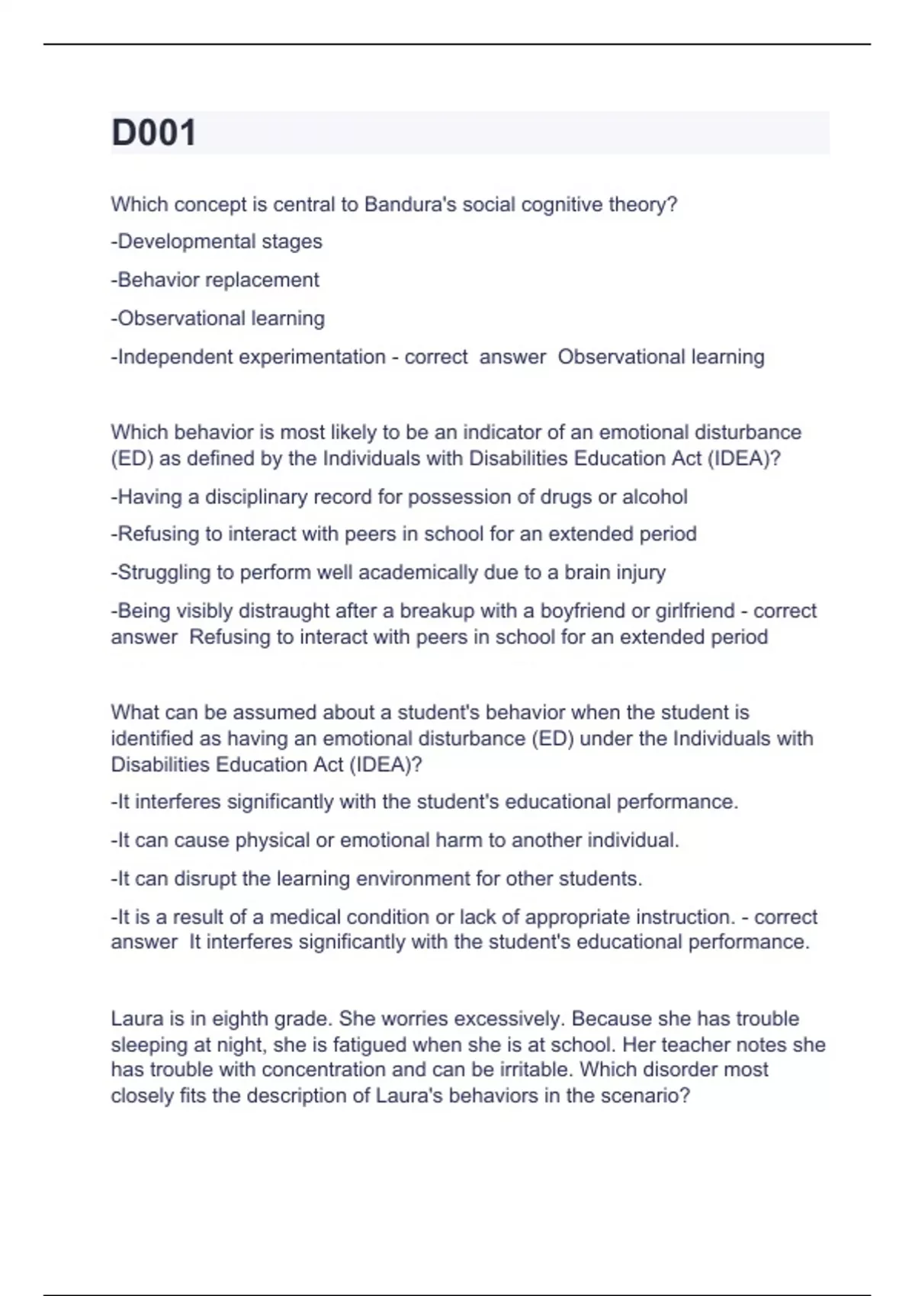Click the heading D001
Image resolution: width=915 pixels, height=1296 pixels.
coord(154,133)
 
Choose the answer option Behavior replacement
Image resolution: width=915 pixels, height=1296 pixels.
coord(216,280)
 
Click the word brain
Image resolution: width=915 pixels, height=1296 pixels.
coord(589,573)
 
